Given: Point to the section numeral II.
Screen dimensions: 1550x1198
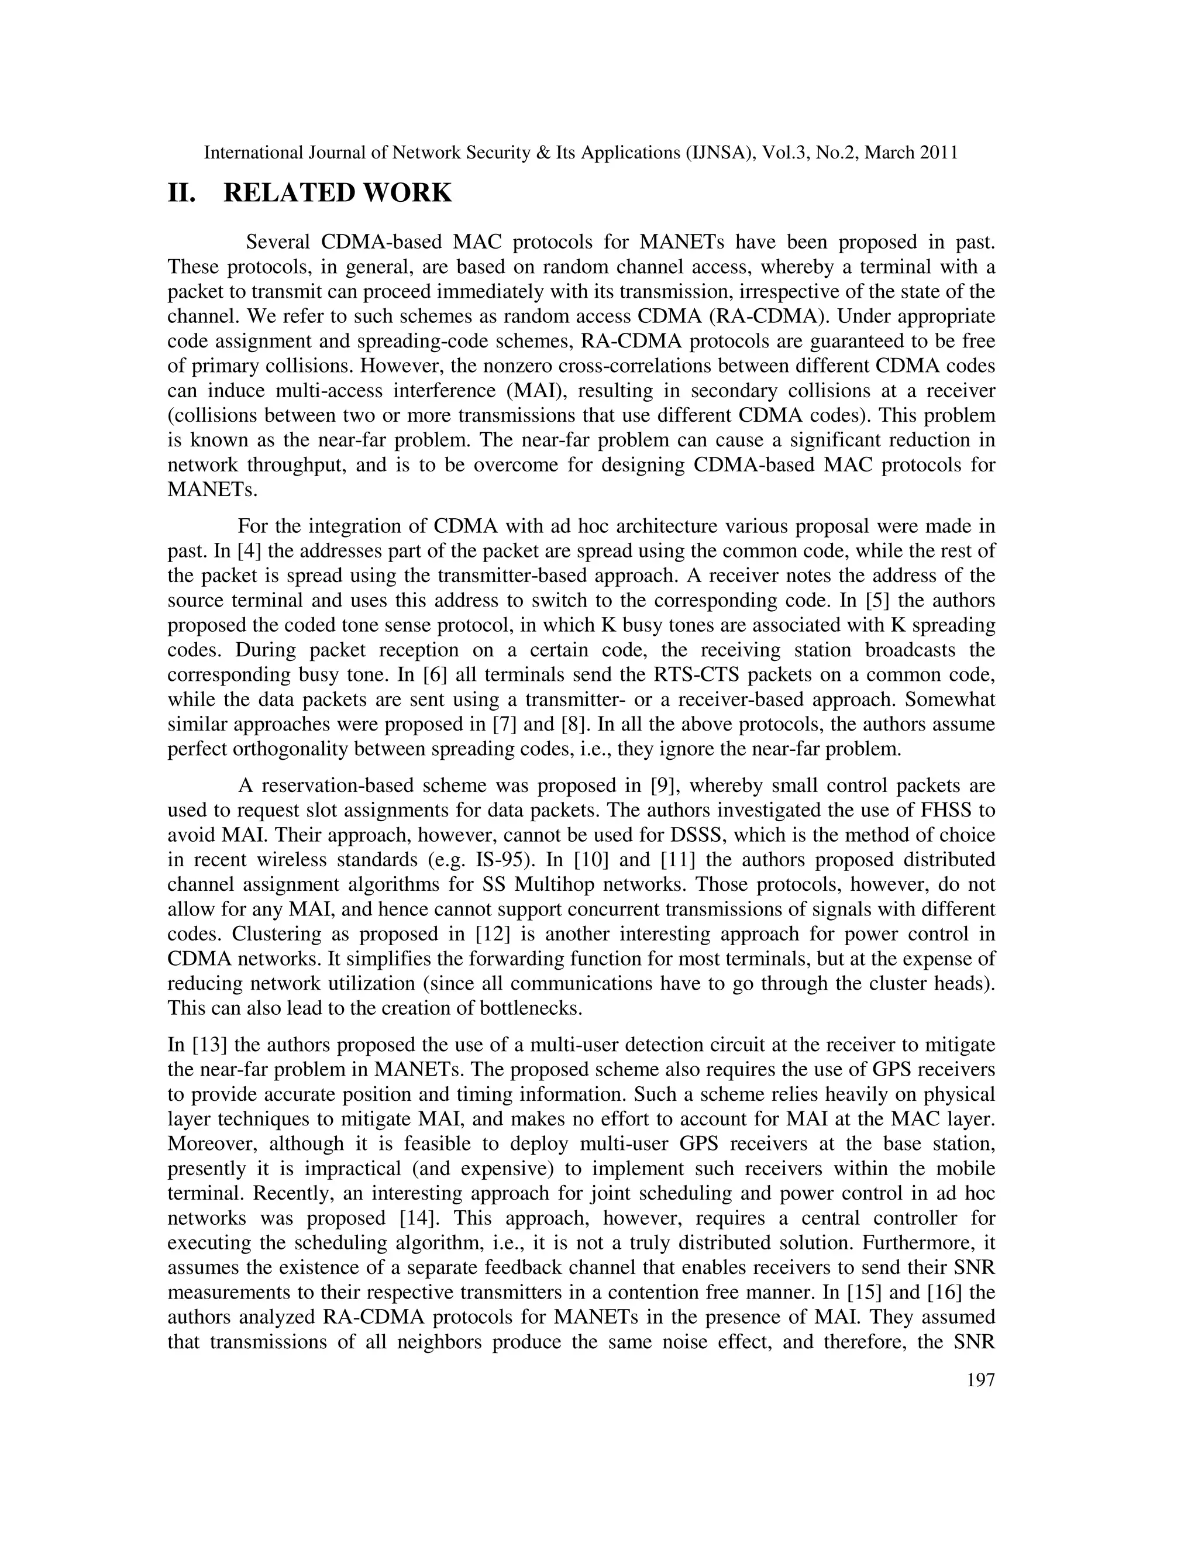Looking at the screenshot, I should pyautogui.click(x=181, y=193).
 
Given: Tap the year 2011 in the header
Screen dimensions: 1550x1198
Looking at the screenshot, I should pyautogui.click(x=938, y=153).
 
